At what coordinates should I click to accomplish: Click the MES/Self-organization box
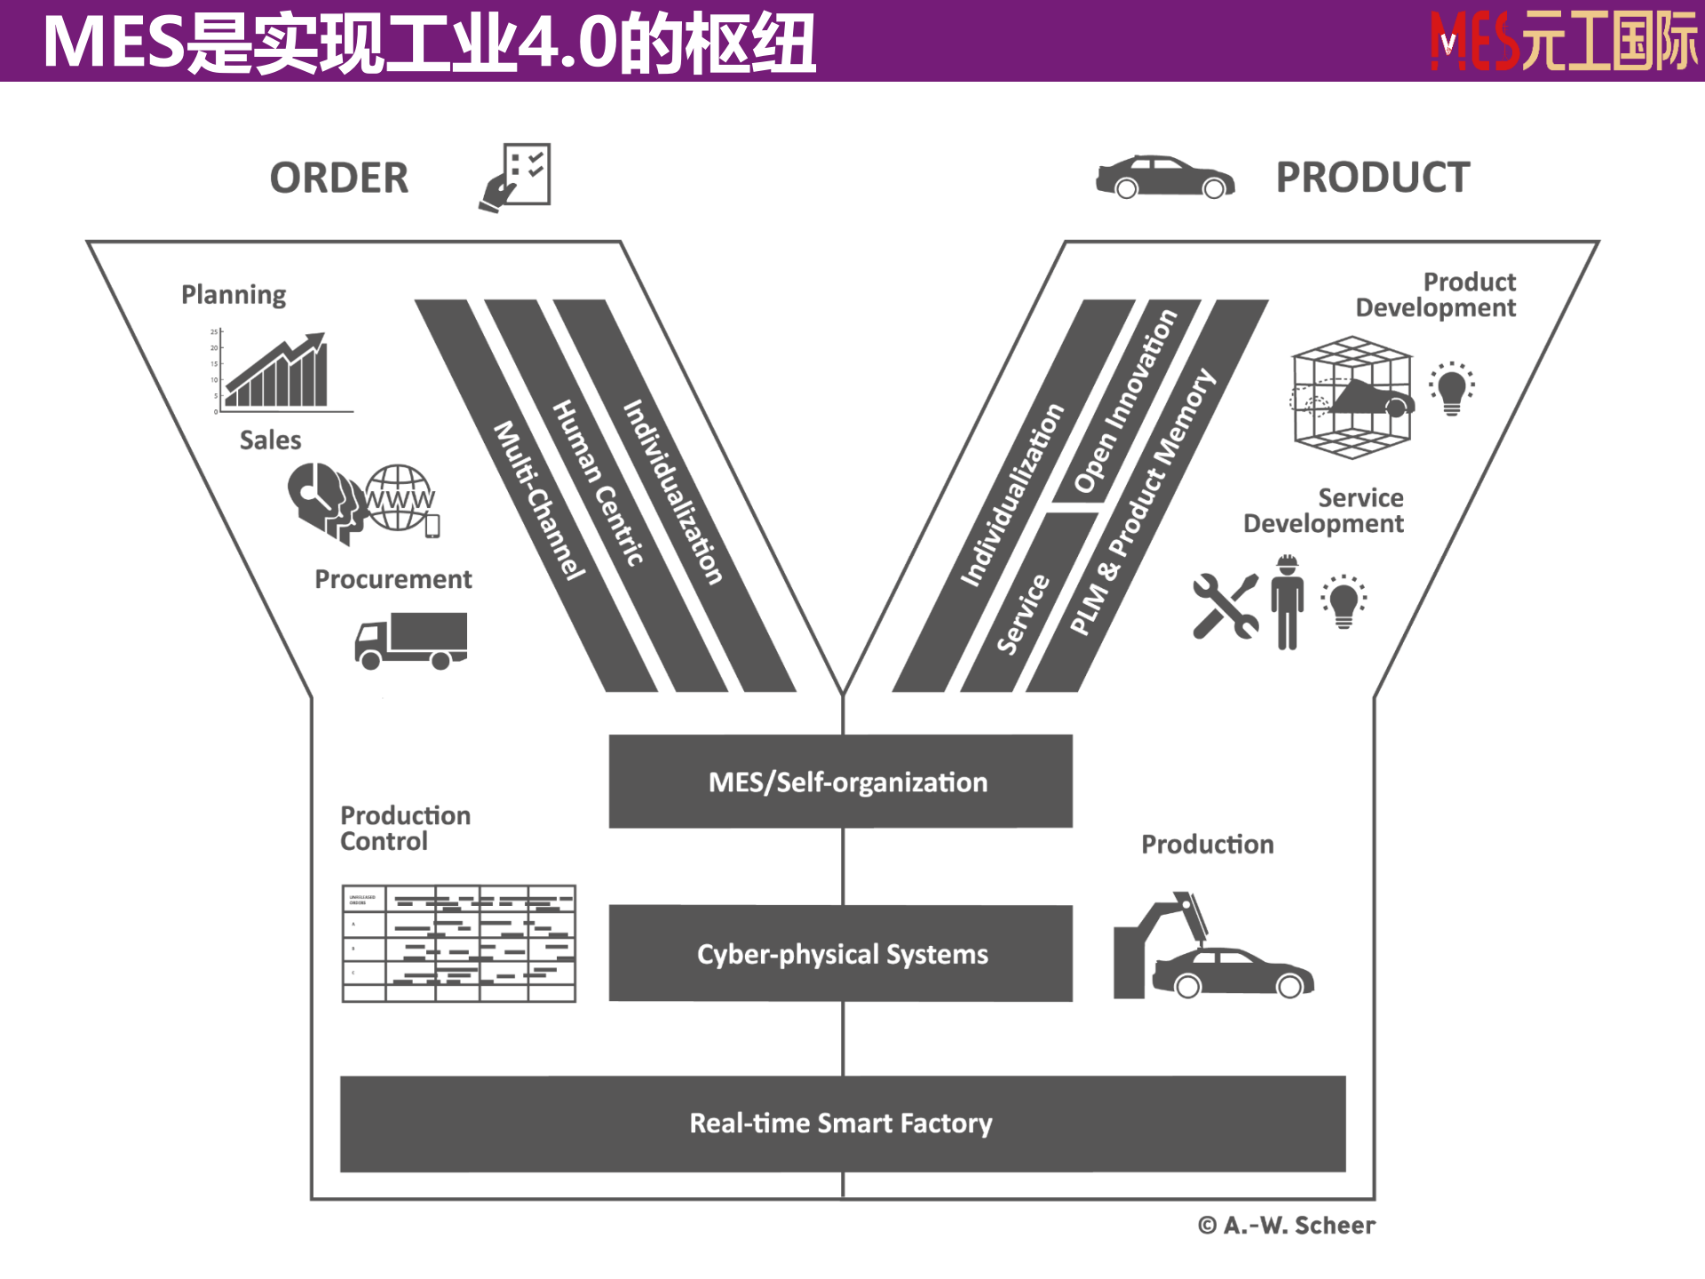840,782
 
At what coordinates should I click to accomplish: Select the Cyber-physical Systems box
840,953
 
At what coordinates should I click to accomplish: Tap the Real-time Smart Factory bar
842,1124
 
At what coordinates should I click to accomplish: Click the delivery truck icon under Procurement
411,640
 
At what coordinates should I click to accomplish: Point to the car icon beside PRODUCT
1164,177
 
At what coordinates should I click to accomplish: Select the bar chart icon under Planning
277,372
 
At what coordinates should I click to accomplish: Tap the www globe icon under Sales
400,499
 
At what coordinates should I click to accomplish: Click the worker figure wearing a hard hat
1287,602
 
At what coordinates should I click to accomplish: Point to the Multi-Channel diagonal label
539,501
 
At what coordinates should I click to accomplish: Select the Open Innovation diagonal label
1125,401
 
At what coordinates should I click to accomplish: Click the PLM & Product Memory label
1142,503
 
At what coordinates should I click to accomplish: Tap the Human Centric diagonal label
598,483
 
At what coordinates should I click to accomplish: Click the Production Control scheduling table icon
458,943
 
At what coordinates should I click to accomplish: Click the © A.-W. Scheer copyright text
1286,1226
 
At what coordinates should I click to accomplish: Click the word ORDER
339,178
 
